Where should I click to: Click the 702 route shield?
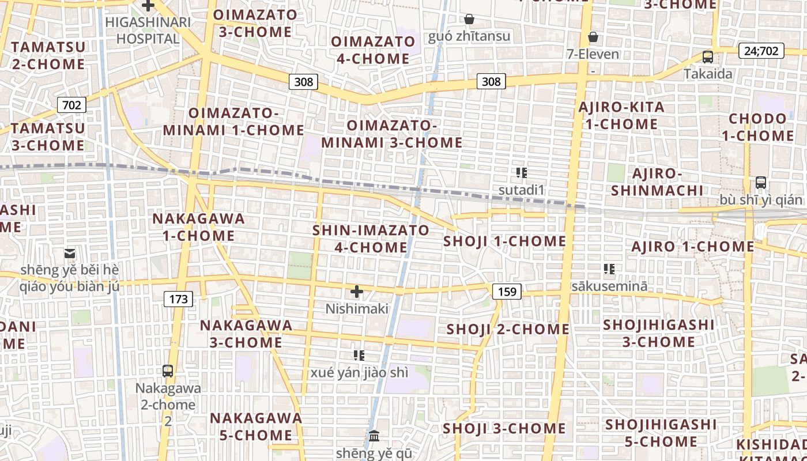click(71, 105)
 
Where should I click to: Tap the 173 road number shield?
click(179, 298)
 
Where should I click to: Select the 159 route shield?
click(507, 292)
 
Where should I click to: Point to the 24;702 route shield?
click(761, 51)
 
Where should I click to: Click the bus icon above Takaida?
click(708, 57)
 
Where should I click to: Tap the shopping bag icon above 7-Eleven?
click(593, 37)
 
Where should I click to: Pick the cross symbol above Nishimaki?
click(357, 292)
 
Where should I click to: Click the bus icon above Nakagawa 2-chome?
click(168, 371)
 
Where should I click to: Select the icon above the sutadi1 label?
click(522, 172)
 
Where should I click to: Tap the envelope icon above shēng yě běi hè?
click(70, 253)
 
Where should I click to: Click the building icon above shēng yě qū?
click(374, 436)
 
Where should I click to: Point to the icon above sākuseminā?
click(609, 269)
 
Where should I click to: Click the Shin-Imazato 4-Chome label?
click(371, 239)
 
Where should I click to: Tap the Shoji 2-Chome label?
click(508, 330)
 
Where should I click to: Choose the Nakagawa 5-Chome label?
click(255, 426)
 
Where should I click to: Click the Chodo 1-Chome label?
click(757, 127)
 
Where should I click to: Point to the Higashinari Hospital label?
click(148, 31)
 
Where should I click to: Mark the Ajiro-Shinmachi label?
click(657, 182)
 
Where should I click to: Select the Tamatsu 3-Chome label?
click(48, 137)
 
